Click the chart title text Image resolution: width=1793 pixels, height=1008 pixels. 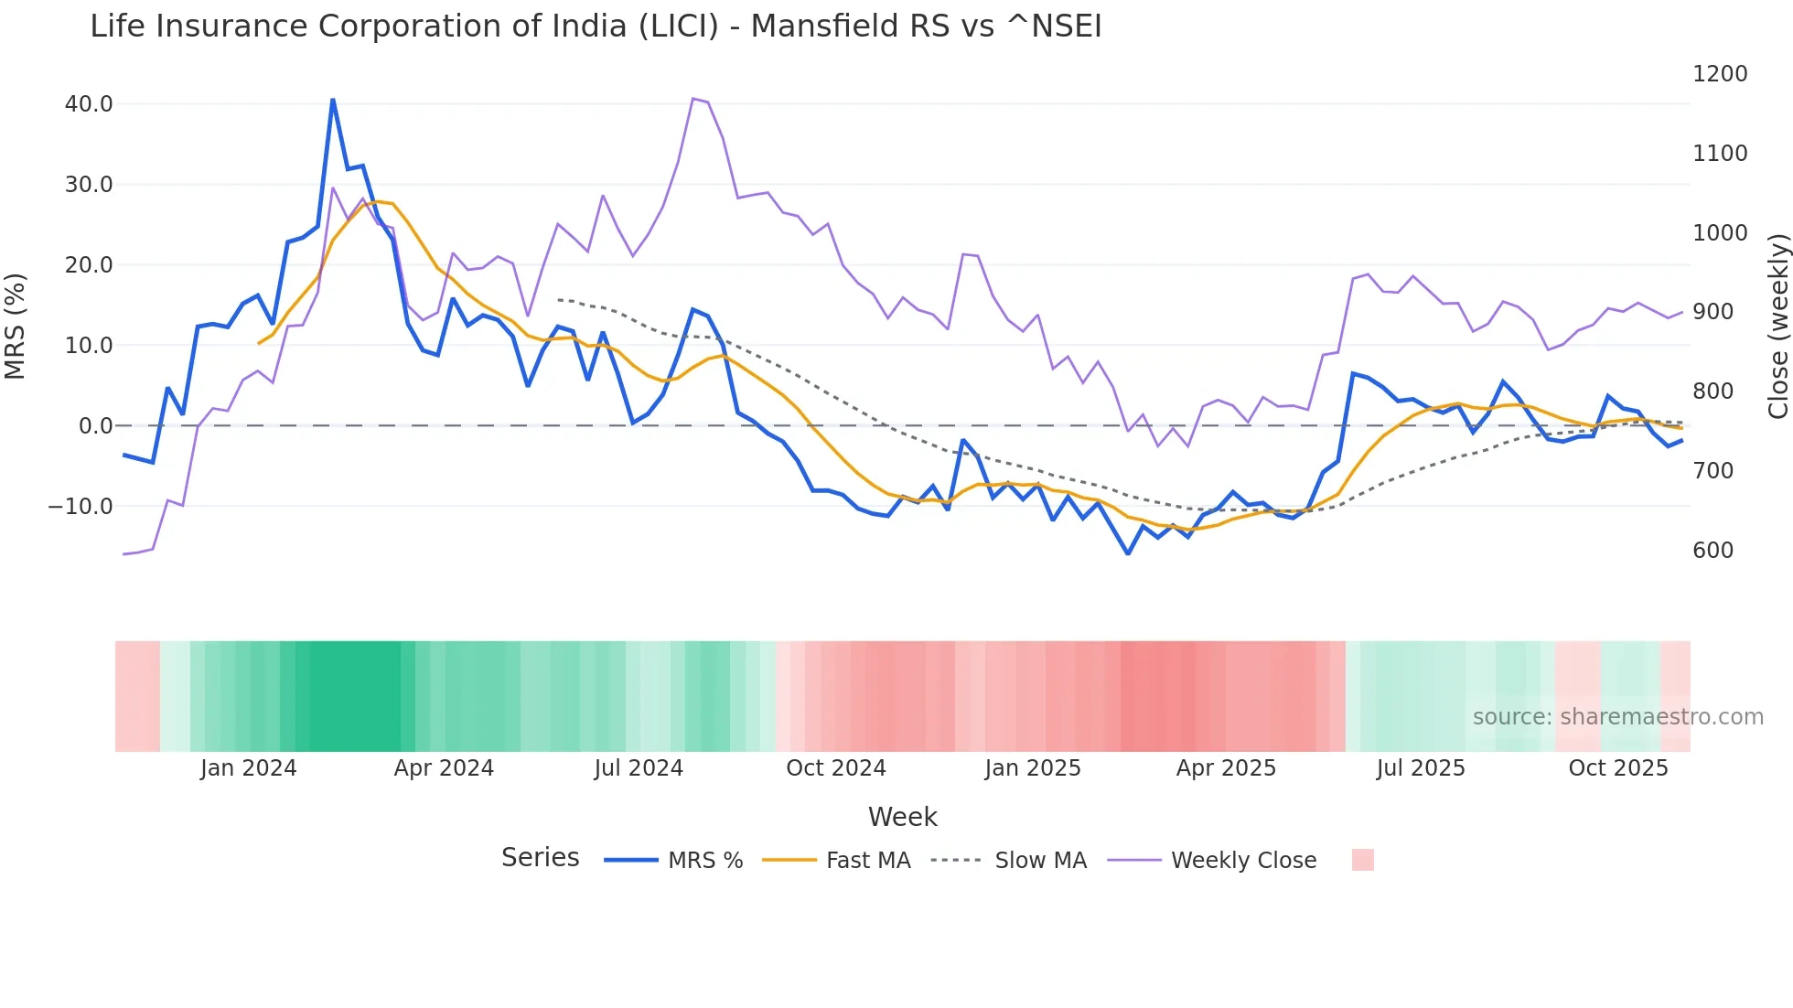(x=596, y=27)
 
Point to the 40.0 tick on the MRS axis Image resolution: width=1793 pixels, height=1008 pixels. (x=89, y=104)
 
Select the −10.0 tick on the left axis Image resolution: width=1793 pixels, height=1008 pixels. (x=81, y=507)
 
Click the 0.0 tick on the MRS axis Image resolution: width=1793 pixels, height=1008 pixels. (x=95, y=426)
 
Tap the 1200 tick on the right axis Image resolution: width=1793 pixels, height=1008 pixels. (x=1720, y=74)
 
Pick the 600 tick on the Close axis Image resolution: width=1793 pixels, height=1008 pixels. (x=1713, y=551)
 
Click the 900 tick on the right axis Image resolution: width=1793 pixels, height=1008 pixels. (x=1713, y=312)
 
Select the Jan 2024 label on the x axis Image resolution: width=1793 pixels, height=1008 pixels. (x=248, y=768)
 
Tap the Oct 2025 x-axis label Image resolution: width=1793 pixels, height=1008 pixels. (x=1617, y=768)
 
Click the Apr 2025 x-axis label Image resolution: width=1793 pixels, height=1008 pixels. (x=1226, y=768)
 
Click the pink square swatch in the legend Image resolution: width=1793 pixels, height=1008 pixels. (x=1362, y=860)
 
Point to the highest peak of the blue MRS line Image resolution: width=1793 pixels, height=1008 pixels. (x=333, y=100)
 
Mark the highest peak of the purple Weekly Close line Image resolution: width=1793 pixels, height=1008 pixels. (x=693, y=98)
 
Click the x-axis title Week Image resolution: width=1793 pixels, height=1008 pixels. (x=902, y=817)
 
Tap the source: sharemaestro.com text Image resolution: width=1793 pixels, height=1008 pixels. (x=1617, y=717)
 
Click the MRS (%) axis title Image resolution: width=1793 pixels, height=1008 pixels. (x=16, y=326)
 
